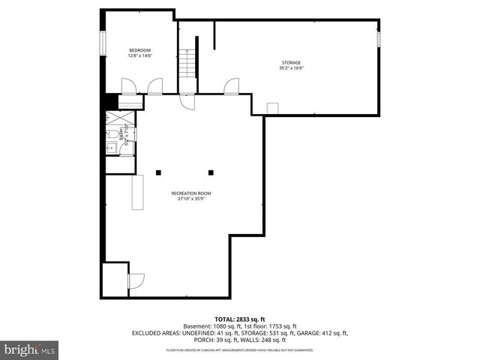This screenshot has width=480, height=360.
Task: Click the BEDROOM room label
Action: [139, 50]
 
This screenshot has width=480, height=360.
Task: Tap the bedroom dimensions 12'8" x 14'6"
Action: [139, 55]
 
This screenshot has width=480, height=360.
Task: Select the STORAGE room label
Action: [291, 62]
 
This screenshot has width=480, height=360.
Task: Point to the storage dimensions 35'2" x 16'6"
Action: [291, 68]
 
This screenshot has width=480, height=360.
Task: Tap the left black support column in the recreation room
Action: [158, 172]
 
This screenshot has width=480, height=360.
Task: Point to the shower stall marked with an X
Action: [118, 118]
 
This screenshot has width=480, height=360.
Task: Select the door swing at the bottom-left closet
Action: [136, 282]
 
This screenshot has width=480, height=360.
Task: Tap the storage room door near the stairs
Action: [232, 86]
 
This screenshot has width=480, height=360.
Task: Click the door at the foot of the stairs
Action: [186, 101]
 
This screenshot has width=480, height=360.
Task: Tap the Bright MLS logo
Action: [30, 349]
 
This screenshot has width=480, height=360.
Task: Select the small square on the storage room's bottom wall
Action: [272, 109]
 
